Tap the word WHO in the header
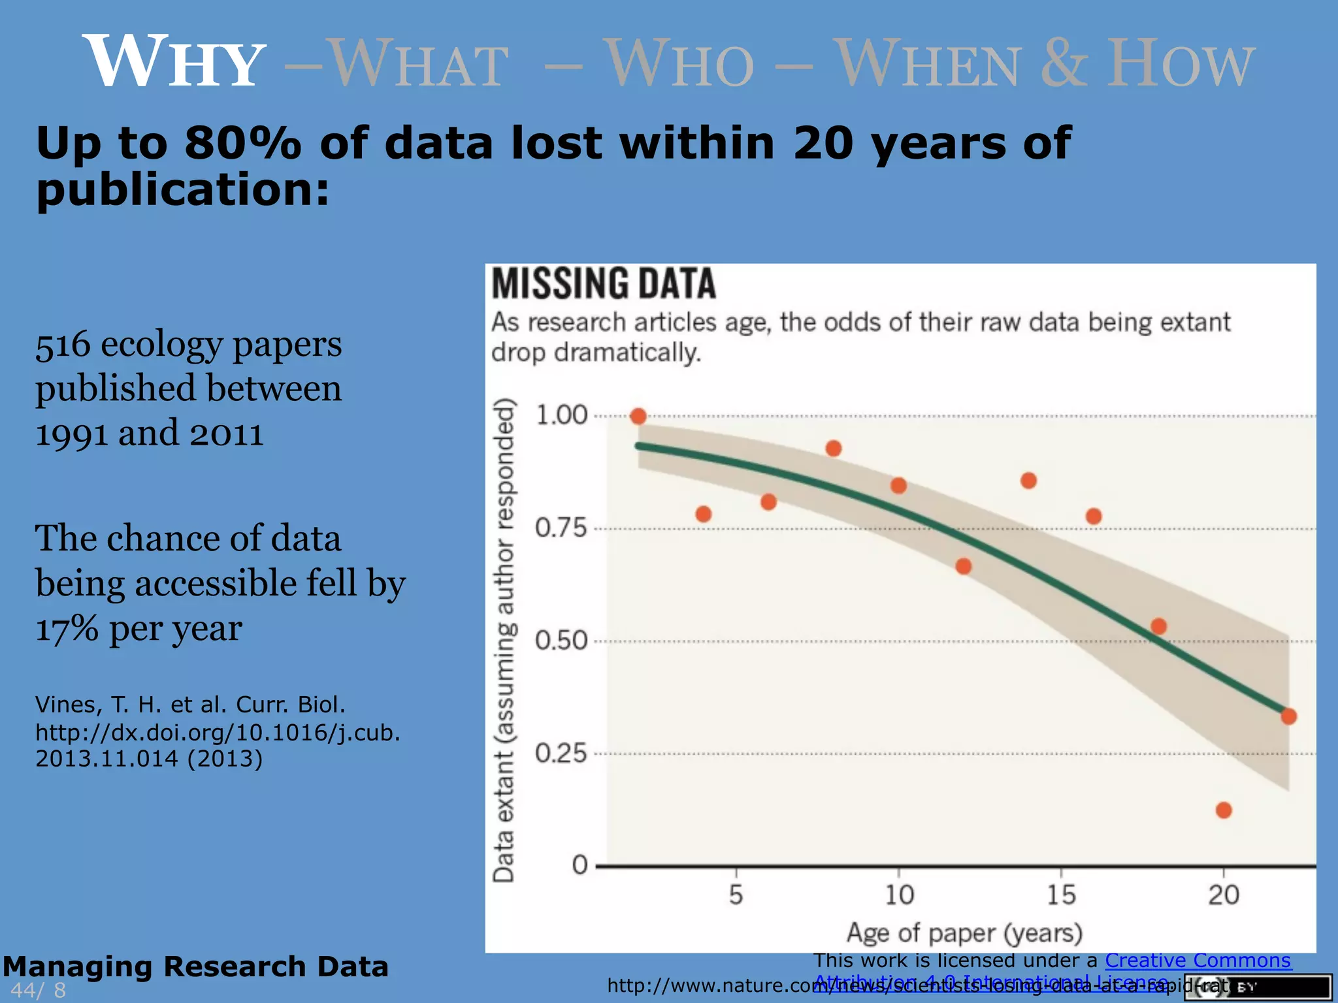pos(680,63)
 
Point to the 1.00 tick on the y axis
pos(561,415)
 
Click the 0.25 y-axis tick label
pos(561,754)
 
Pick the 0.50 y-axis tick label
pos(561,641)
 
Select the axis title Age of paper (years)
pos(964,933)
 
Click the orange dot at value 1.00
pos(638,416)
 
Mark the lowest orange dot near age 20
pos(1224,810)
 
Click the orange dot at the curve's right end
pos(1288,716)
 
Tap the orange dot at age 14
pos(1028,481)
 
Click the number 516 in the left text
pos(63,345)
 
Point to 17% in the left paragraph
pos(66,629)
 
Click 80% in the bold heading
pos(242,143)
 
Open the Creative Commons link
pos(1198,961)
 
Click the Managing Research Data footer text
pos(195,966)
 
